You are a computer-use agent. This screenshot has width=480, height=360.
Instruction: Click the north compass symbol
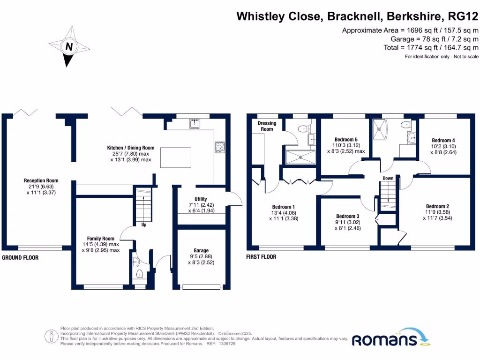(69, 46)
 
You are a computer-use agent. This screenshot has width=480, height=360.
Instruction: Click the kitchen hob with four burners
(219, 147)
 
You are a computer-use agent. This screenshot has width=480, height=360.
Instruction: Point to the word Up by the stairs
(144, 225)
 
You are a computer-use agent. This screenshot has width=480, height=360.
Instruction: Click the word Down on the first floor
(388, 178)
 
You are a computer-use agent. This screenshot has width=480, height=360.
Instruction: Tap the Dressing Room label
(267, 126)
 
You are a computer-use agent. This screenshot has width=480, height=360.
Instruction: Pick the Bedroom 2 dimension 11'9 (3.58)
(437, 212)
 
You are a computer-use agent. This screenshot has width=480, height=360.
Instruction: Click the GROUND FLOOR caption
(20, 258)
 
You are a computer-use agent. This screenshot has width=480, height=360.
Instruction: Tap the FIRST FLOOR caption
(261, 257)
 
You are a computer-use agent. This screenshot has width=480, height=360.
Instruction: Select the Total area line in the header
(431, 47)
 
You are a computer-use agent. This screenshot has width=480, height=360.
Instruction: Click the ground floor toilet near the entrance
(139, 273)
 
